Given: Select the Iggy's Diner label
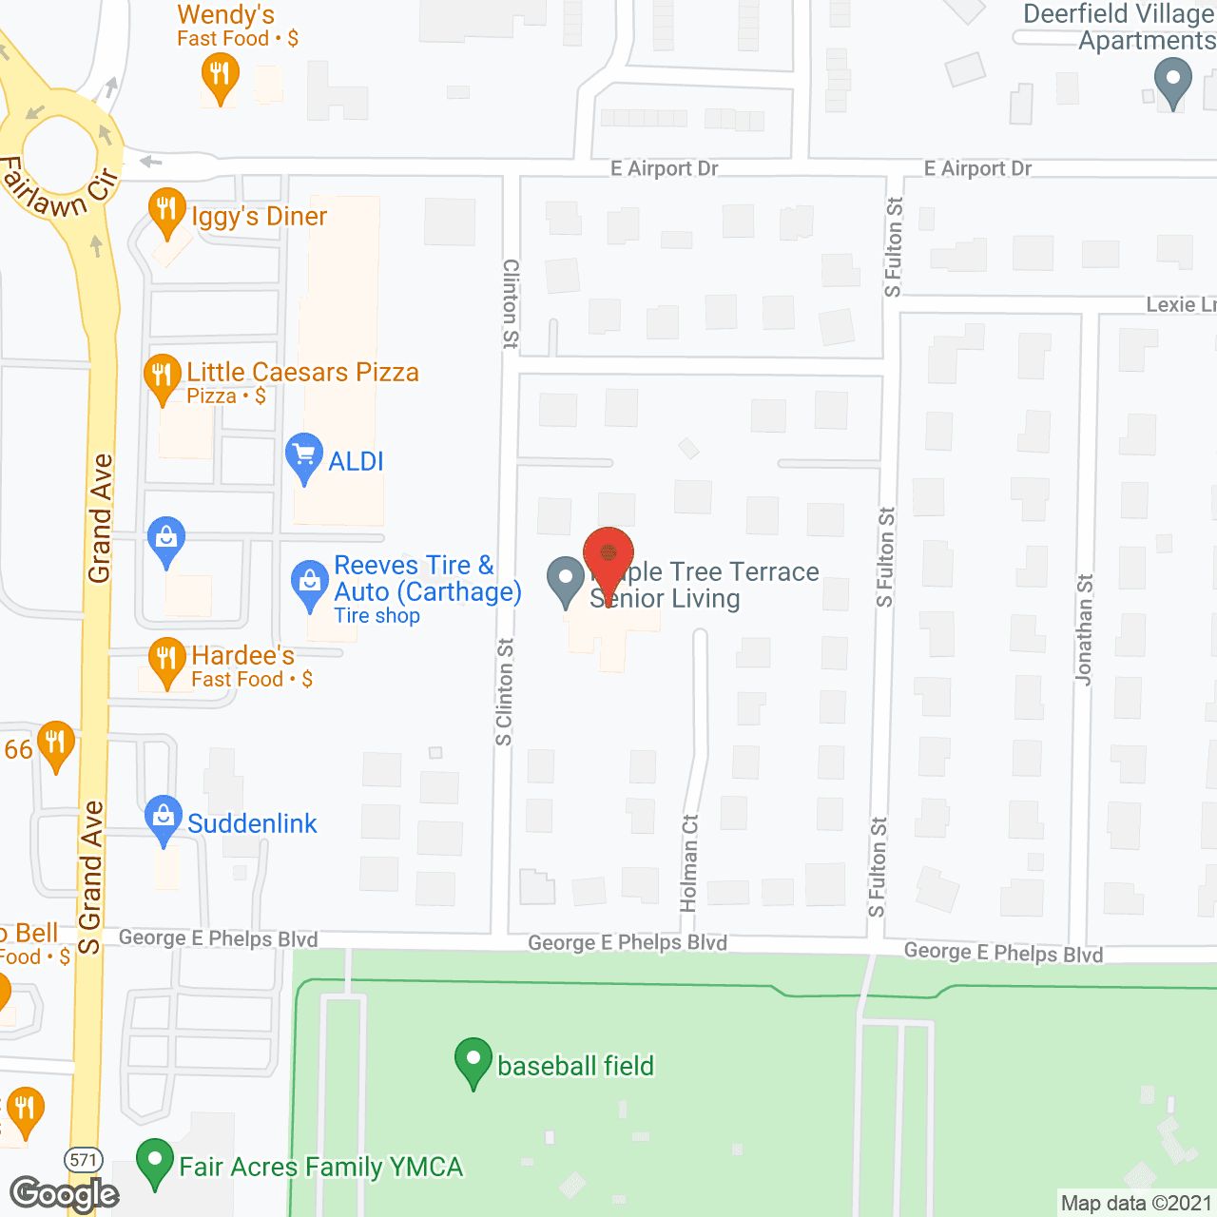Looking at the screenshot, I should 259,217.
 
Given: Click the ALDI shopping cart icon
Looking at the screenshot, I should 304,456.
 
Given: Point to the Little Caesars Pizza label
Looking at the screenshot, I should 302,372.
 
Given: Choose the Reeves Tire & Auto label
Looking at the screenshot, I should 427,579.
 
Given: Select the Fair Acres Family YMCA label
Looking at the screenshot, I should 320,1167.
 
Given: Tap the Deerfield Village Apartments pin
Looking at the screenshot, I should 1172,81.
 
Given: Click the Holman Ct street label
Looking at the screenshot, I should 689,862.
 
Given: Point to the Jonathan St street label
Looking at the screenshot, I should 1085,628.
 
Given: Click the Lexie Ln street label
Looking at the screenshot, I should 1180,304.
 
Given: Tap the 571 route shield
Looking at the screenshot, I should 84,1159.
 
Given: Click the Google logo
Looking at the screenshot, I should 65,1194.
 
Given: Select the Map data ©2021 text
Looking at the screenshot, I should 1136,1204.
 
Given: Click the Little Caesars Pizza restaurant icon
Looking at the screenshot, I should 163,377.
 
